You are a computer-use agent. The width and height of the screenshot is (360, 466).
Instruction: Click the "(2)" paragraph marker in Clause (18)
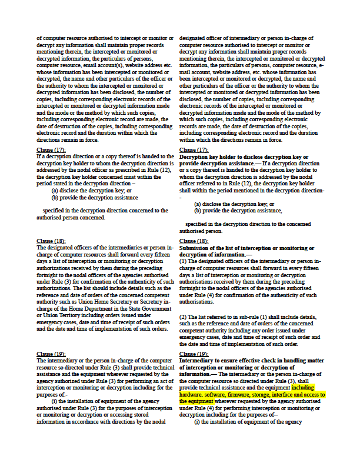tap(184, 317)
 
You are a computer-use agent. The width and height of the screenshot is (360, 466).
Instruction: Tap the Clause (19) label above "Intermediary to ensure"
tap(194, 354)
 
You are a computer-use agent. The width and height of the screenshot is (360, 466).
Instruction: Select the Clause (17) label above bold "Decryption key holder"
tap(194, 150)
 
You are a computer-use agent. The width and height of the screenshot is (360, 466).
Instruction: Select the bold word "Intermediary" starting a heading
tap(200, 360)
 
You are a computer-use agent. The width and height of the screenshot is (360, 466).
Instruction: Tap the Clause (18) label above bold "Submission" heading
tap(194, 241)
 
